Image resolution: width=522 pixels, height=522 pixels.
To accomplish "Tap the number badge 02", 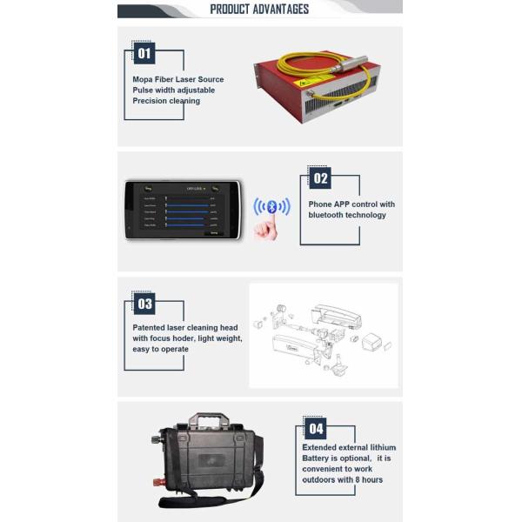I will (x=321, y=178).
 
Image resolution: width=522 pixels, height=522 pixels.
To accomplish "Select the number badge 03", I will (x=144, y=304).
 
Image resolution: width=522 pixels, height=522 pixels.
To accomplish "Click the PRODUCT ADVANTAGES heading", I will (x=259, y=10).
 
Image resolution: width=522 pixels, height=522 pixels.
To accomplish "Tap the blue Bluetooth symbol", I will (x=271, y=207).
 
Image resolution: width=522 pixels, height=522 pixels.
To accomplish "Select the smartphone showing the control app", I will (x=182, y=209).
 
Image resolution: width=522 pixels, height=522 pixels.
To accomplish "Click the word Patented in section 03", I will (x=150, y=328).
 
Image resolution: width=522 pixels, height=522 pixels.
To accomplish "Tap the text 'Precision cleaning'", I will (x=166, y=101).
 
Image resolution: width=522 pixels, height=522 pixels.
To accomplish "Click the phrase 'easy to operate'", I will (x=160, y=349).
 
